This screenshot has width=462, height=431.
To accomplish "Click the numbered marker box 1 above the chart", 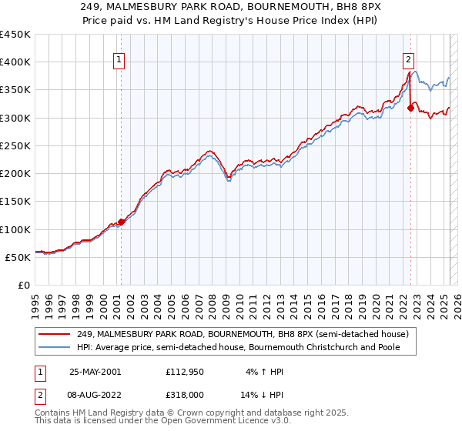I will (x=120, y=62).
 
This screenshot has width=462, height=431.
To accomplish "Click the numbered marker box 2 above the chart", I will (x=407, y=62).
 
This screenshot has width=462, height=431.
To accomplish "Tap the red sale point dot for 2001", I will (x=121, y=222).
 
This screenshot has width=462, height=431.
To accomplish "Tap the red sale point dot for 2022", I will (x=410, y=109).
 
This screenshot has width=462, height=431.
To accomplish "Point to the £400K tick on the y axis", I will (x=15, y=62).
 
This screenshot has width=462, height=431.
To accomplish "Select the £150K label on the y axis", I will (x=15, y=202).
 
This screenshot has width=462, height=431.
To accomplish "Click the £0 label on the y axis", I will (x=24, y=285).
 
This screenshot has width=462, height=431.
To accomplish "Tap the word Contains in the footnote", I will (x=55, y=413).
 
